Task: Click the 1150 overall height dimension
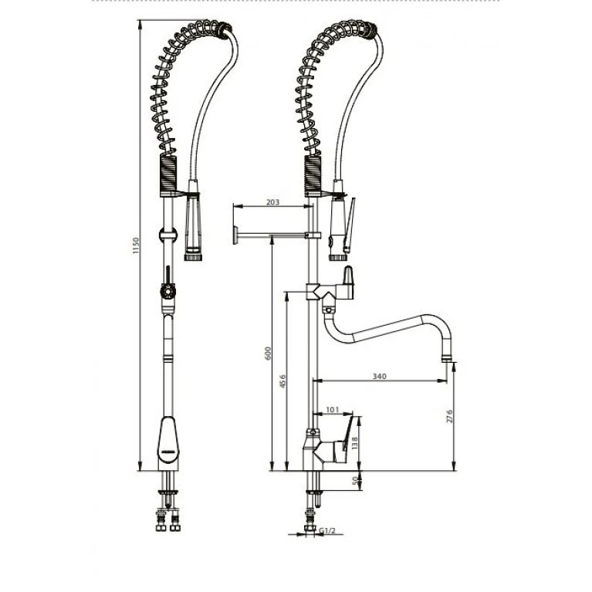[137, 245]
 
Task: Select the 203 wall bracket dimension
[272, 202]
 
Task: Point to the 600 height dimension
[268, 353]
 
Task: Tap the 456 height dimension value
[282, 381]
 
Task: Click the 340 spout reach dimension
[380, 377]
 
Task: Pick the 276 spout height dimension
[449, 416]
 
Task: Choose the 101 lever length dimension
[332, 409]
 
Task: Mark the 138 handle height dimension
[354, 442]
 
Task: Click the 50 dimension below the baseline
[355, 481]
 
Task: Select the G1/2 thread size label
[327, 531]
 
